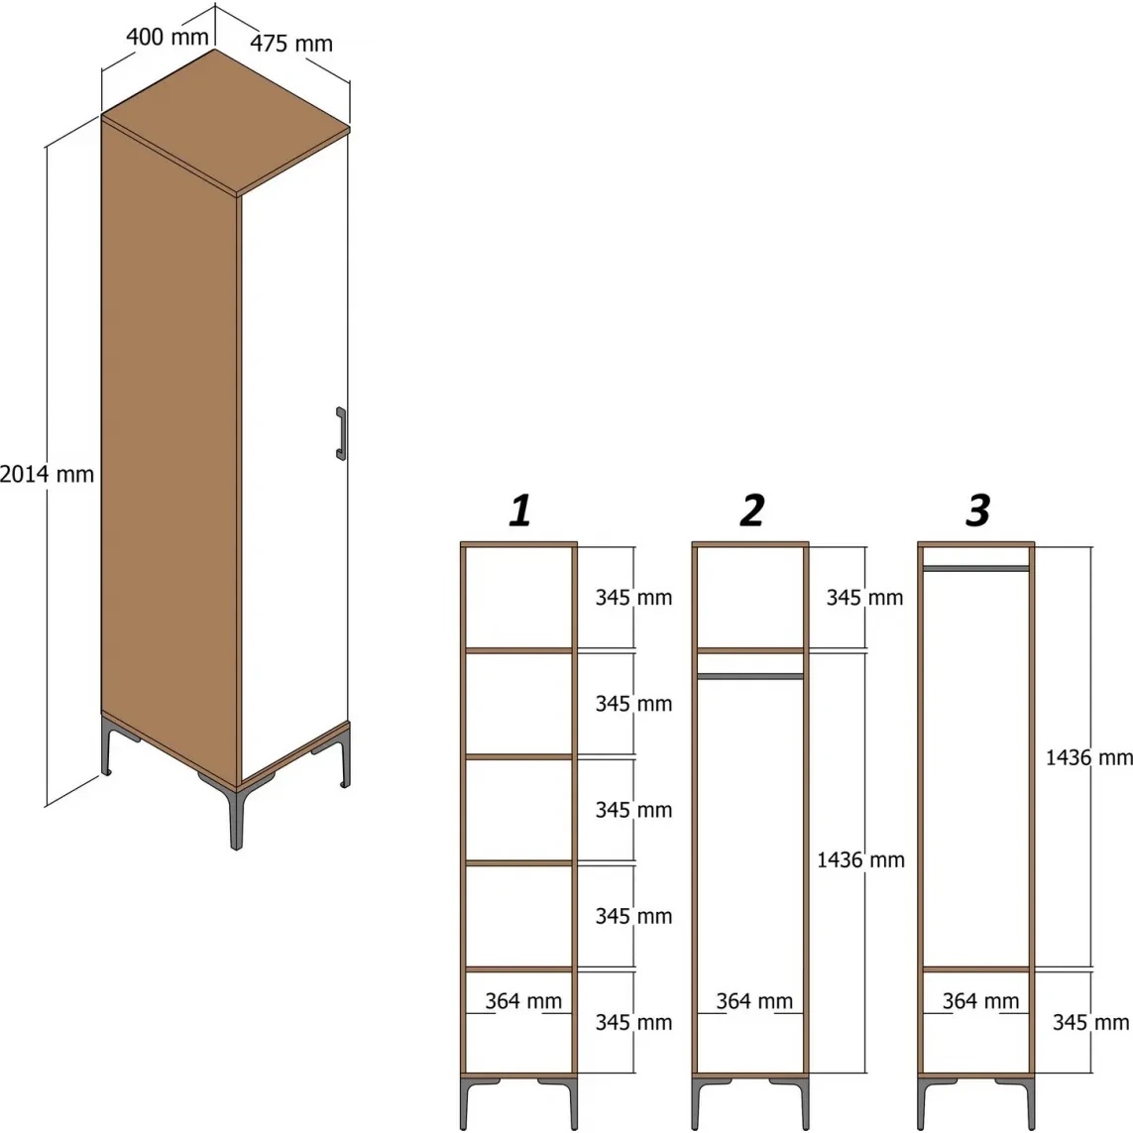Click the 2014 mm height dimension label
(x=47, y=474)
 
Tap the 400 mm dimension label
(x=167, y=36)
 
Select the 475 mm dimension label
(x=291, y=44)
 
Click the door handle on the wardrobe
(x=341, y=433)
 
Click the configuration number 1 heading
(x=520, y=510)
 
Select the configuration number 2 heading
(x=752, y=510)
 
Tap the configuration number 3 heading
(x=977, y=510)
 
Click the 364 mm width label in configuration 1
(x=523, y=1001)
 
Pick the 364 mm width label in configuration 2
(x=754, y=1001)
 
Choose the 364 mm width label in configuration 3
(x=980, y=1001)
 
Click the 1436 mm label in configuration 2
(x=860, y=859)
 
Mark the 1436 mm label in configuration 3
(x=1089, y=757)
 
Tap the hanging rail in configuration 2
(x=750, y=676)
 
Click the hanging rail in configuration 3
(x=976, y=569)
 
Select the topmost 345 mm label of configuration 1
(x=633, y=598)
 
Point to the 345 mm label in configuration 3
(x=1090, y=1022)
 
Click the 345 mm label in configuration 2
(x=865, y=598)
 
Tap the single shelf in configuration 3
(x=976, y=969)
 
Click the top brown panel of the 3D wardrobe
(x=225, y=121)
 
